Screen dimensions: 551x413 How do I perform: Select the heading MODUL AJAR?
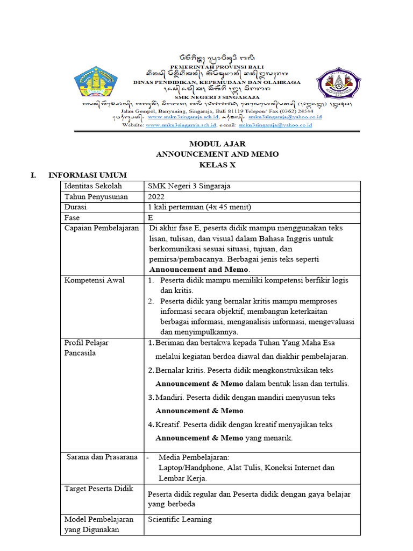(x=217, y=144)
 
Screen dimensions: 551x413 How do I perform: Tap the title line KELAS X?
(x=217, y=165)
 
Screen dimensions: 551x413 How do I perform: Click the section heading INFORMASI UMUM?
(x=87, y=175)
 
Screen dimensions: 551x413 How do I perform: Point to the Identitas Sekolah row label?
(x=93, y=186)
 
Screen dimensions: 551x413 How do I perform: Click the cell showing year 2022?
(x=157, y=197)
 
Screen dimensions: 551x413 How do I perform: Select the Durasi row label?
(x=75, y=208)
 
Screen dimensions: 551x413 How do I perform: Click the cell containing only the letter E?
(x=151, y=218)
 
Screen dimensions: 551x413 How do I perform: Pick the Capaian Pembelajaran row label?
(x=102, y=229)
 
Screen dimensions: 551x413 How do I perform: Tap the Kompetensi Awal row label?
(x=94, y=281)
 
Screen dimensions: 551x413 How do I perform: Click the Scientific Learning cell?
(x=180, y=520)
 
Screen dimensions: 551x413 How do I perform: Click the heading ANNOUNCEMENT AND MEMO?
(x=217, y=154)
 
